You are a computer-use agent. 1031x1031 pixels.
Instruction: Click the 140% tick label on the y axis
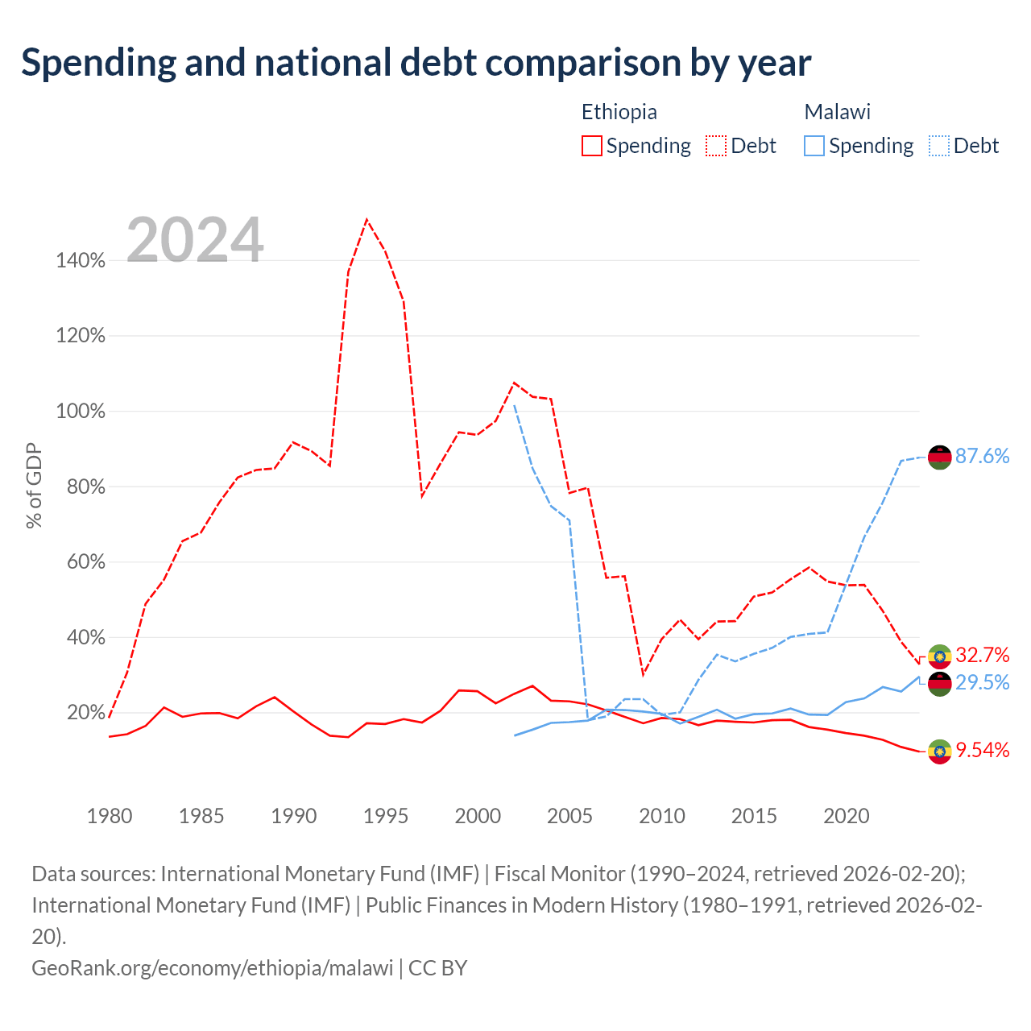pos(81,260)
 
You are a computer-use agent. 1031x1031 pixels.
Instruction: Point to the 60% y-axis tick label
pos(85,561)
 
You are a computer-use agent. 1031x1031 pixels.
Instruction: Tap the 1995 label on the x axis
pos(385,816)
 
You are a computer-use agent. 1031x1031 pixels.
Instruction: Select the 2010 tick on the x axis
pos(662,816)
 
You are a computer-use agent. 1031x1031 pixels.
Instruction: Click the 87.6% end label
pos(982,456)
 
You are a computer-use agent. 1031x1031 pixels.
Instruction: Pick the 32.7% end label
pos(982,655)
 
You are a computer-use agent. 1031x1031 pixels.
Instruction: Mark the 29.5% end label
pos(982,682)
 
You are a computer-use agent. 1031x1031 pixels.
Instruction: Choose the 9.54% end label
pos(982,750)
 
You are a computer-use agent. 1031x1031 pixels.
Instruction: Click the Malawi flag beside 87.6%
pos(939,457)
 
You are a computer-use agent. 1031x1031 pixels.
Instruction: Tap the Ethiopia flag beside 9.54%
pos(939,752)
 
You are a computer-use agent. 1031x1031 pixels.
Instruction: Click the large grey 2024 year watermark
pos(195,239)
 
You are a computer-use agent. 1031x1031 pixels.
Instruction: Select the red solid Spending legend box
pos(592,146)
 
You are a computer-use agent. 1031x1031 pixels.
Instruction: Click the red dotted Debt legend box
pos(716,146)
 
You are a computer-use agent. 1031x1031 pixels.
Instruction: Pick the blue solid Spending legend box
pos(814,146)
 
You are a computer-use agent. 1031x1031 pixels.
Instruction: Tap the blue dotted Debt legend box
pos(938,146)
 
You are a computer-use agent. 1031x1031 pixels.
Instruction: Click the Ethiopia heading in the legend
pos(619,112)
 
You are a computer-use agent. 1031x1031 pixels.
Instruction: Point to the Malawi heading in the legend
pos(838,112)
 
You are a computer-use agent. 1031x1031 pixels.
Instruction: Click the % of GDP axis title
pos(34,485)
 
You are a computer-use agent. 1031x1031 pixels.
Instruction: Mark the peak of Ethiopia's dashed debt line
pos(366,219)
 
